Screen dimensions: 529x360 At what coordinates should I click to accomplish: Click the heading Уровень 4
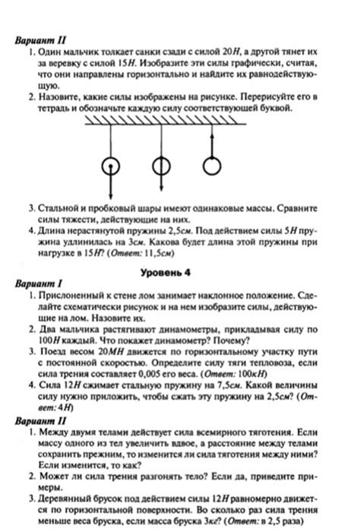click(179, 272)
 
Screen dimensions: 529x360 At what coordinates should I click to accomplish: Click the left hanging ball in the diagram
click(110, 166)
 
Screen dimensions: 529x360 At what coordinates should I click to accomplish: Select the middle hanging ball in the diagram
click(160, 166)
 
